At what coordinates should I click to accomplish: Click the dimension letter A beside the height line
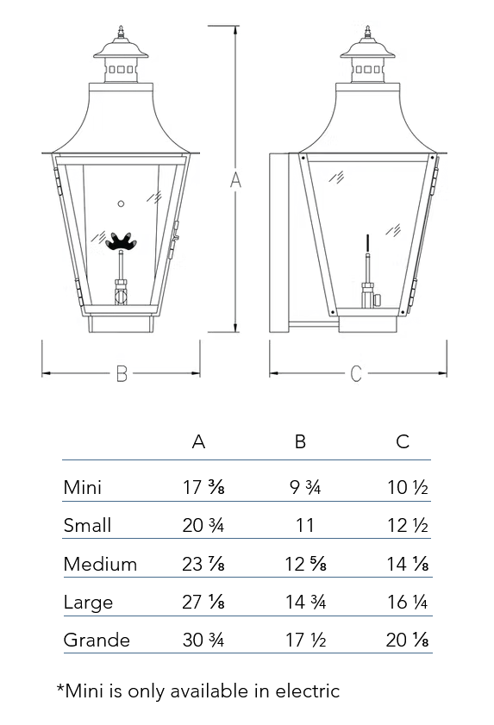[x=235, y=179]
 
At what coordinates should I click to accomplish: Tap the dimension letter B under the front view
[x=122, y=373]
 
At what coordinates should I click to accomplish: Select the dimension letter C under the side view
[x=356, y=373]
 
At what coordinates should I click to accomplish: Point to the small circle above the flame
[x=121, y=203]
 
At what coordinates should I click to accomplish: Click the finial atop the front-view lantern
[x=121, y=33]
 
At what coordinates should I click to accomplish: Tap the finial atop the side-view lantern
[x=368, y=33]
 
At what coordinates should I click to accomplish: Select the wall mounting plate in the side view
[x=279, y=243]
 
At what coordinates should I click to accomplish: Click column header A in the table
[x=198, y=441]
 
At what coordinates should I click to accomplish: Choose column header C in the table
[x=403, y=441]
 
